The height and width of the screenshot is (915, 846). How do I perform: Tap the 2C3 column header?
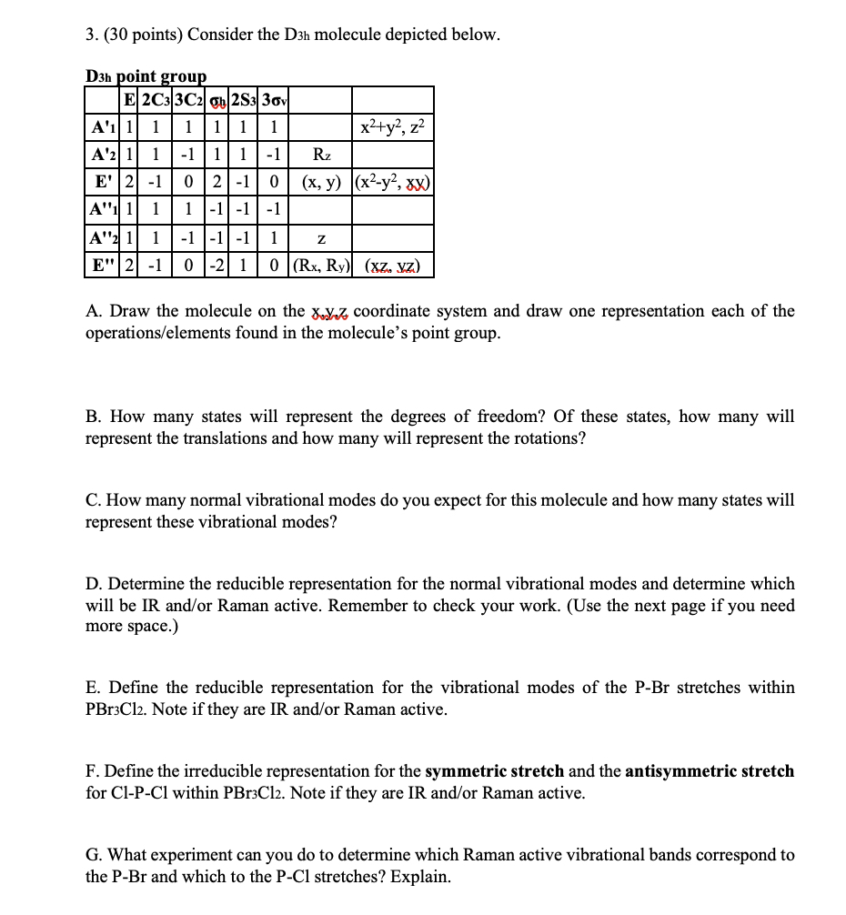[x=156, y=99]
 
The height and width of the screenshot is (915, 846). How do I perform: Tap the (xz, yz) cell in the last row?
[x=392, y=266]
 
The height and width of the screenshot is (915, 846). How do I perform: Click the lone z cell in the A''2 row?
[x=324, y=239]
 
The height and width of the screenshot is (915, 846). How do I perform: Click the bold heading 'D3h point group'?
[x=146, y=76]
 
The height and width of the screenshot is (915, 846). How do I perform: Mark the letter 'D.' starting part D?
[x=94, y=584]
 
